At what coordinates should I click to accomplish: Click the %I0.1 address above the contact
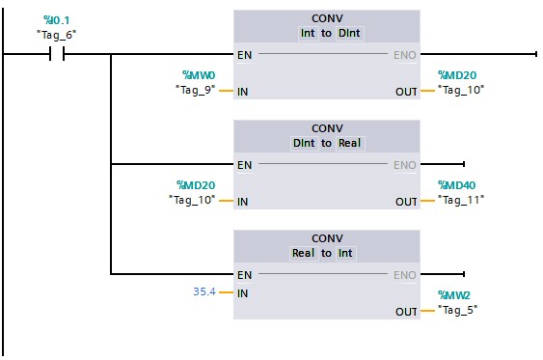[x=57, y=20]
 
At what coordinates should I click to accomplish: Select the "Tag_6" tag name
[x=56, y=35]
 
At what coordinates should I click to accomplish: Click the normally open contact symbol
[x=56, y=55]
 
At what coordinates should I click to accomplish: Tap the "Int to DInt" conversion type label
[x=327, y=33]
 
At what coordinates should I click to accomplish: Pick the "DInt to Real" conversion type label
[x=327, y=143]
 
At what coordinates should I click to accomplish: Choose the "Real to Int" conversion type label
[x=327, y=253]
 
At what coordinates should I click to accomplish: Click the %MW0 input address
[x=200, y=75]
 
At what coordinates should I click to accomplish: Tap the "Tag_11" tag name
[x=460, y=201]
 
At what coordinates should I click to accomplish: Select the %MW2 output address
[x=453, y=295]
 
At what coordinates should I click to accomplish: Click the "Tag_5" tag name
[x=457, y=311]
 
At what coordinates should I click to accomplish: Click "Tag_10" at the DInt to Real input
[x=191, y=201]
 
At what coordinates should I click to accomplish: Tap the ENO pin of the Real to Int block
[x=404, y=275]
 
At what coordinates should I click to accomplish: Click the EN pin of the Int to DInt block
[x=245, y=55]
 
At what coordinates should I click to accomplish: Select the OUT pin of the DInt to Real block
[x=406, y=202]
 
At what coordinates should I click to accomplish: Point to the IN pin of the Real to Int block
[x=243, y=291]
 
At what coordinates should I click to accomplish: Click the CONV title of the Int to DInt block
[x=327, y=18]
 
